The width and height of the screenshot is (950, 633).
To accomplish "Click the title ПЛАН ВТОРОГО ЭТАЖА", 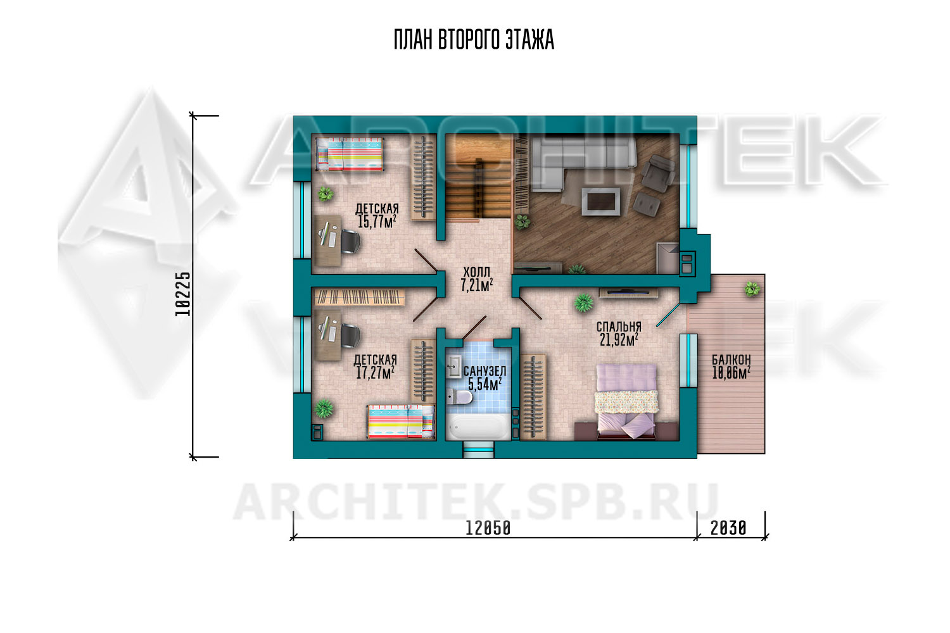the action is (474, 40).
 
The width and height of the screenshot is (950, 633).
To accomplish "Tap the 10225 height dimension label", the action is (183, 294).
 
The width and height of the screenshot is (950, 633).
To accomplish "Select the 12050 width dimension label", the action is (488, 529).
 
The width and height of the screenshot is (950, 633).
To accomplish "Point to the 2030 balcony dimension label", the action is (728, 529).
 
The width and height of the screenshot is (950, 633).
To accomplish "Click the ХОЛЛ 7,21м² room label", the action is (477, 279).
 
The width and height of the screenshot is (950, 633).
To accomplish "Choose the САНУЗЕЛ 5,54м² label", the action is (484, 378).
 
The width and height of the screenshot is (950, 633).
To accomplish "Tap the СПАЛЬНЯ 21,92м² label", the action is (619, 333).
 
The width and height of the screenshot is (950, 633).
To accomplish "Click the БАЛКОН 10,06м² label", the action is (731, 367).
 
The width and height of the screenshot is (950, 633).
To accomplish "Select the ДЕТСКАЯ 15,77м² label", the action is (377, 215).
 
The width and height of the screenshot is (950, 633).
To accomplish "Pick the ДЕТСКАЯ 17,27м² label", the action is (376, 367).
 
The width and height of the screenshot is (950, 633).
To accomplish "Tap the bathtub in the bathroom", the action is (478, 426).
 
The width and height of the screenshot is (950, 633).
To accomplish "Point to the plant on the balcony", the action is (752, 289).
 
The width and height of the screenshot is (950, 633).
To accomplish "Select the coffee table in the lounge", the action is (600, 202).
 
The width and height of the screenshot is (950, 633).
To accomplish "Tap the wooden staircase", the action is (478, 177).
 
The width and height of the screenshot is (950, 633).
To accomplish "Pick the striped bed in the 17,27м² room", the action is (401, 421).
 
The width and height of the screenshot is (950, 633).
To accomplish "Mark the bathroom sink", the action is (454, 367).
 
